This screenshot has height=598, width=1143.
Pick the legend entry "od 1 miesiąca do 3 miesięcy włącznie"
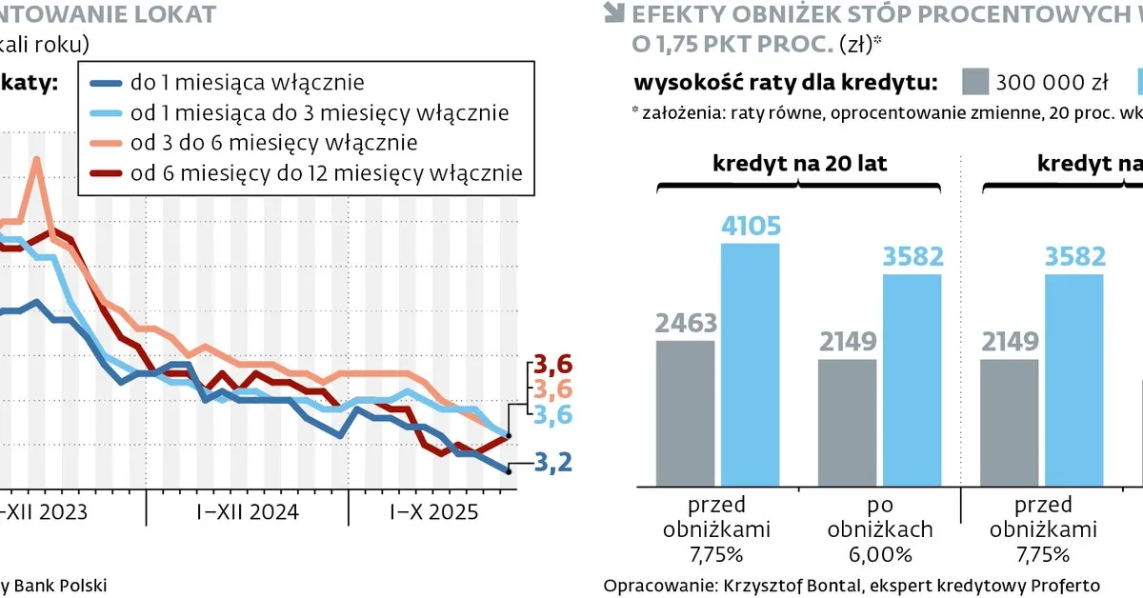point(320,112)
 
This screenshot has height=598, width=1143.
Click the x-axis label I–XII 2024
point(248,511)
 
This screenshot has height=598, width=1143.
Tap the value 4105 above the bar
point(751,226)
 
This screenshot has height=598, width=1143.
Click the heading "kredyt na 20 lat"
point(799,163)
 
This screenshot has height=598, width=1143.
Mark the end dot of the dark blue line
point(509,468)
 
